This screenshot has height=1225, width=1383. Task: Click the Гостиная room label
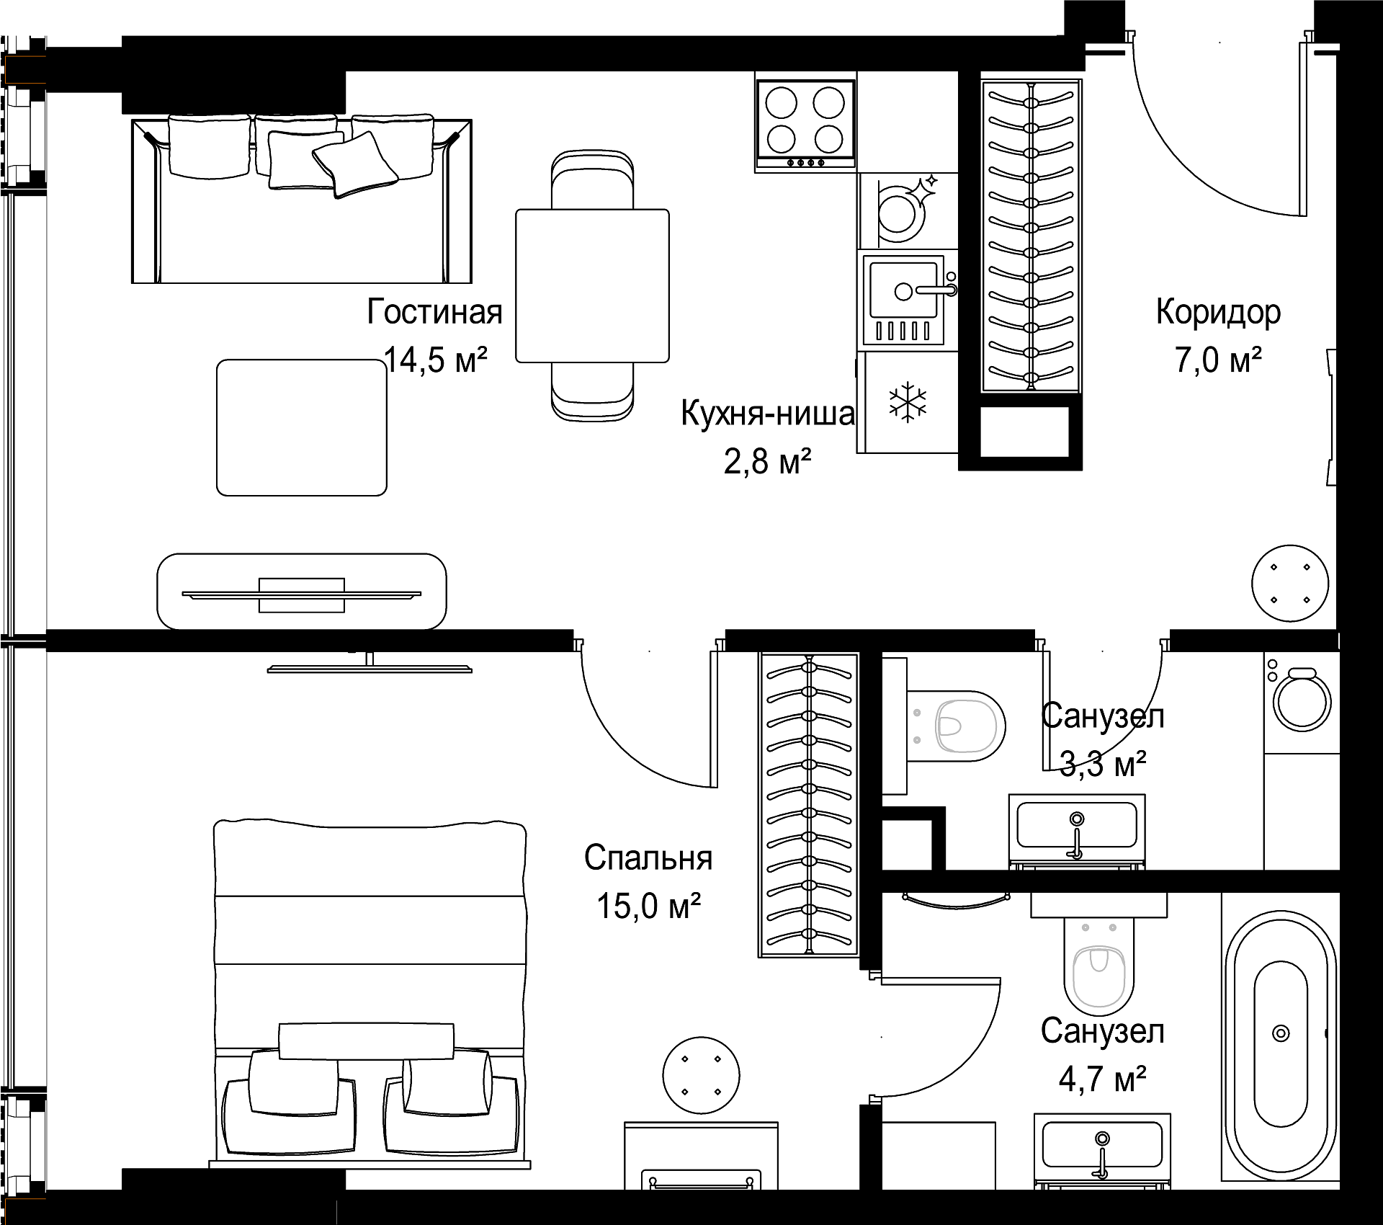pyautogui.click(x=434, y=312)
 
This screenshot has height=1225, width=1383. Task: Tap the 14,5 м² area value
pyautogui.click(x=436, y=360)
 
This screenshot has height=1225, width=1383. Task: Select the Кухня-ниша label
pyautogui.click(x=768, y=414)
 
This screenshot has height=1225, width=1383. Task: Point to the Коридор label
pyautogui.click(x=1218, y=313)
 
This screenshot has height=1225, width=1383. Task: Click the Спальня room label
pyautogui.click(x=648, y=858)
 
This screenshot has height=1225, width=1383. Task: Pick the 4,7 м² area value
pyautogui.click(x=1102, y=1079)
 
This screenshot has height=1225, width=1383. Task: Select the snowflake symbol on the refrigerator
pyautogui.click(x=908, y=402)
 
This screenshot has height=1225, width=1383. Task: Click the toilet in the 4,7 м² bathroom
pyautogui.click(x=1098, y=966)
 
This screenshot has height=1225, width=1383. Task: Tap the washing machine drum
pyautogui.click(x=1302, y=703)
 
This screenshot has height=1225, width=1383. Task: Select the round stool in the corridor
pyautogui.click(x=1290, y=583)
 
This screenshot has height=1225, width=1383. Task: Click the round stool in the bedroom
pyautogui.click(x=701, y=1075)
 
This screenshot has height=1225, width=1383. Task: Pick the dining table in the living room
pyautogui.click(x=592, y=285)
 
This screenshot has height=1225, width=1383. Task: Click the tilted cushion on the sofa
pyautogui.click(x=355, y=164)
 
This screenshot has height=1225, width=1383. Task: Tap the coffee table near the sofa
pyautogui.click(x=302, y=427)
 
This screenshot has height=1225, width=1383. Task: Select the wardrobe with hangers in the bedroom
pyautogui.click(x=809, y=805)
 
